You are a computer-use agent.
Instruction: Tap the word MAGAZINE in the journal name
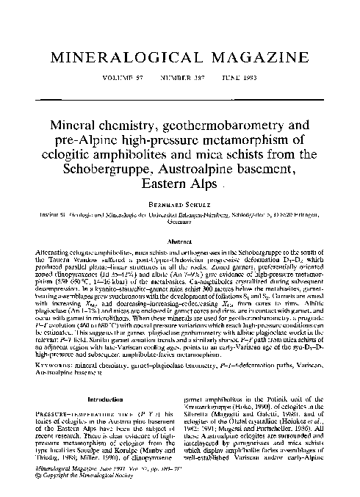251,57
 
